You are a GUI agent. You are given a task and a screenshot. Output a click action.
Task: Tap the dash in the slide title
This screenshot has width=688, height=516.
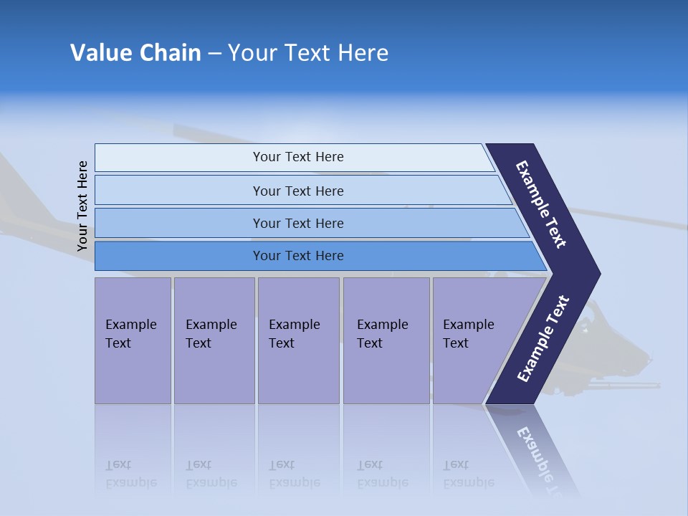tap(214, 54)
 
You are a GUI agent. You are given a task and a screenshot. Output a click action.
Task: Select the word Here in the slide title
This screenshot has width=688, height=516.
tap(363, 53)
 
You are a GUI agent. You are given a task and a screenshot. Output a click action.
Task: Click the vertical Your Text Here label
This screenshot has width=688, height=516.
tap(82, 206)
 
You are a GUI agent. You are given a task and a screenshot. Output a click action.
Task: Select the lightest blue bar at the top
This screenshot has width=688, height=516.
tap(297, 157)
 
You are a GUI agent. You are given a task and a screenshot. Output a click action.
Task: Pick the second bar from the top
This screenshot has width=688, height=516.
tap(297, 191)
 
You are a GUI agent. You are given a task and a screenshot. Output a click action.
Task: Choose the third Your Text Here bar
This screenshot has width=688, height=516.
tap(297, 223)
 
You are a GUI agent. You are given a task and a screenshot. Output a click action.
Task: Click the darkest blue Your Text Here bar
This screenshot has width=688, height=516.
tap(297, 256)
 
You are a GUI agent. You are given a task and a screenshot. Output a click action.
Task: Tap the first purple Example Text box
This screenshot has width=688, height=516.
tap(133, 340)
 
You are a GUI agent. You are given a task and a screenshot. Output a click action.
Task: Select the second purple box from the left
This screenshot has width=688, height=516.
tap(214, 340)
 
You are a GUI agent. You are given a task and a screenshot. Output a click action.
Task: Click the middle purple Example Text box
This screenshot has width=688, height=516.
tap(298, 340)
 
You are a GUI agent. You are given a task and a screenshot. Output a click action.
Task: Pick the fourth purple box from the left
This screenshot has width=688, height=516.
tap(386, 340)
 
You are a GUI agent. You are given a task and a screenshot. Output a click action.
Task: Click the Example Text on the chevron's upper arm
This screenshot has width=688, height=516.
tap(541, 204)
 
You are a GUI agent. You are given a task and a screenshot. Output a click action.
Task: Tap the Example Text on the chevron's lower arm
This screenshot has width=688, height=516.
tap(543, 339)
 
